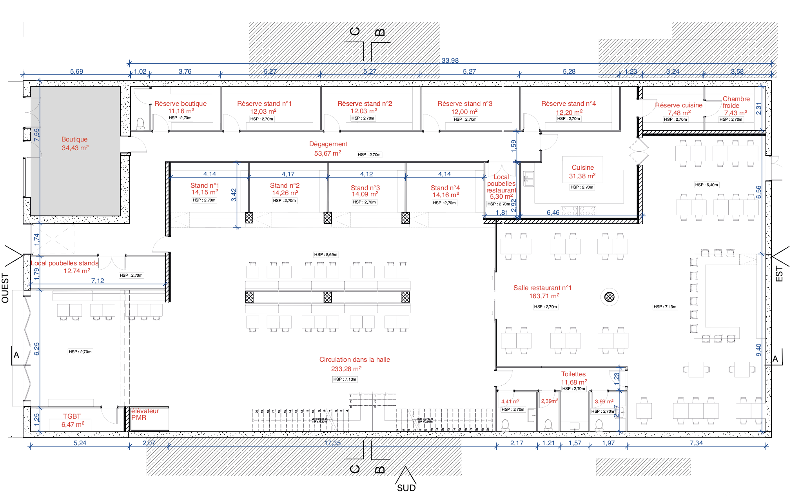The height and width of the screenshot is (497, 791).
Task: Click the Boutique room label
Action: coord(74,139)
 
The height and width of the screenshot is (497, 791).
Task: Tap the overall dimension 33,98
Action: coord(450,60)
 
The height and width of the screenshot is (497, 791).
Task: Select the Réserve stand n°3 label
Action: coord(464,103)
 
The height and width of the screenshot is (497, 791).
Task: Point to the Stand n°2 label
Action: coord(285,185)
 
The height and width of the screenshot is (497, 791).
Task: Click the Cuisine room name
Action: coord(582,167)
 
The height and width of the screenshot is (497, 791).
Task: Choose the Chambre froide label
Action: coord(736,102)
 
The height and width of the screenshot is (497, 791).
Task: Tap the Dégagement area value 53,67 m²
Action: coord(327,153)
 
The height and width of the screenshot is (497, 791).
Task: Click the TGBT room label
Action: coord(72,416)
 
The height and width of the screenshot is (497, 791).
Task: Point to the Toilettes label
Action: coord(573,374)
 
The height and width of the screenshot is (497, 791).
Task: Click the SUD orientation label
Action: coord(406,488)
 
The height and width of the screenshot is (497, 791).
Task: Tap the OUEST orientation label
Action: coord(5,288)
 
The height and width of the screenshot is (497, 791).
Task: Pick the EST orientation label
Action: coord(779,274)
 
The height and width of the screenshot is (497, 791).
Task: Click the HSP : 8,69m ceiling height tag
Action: coord(325,254)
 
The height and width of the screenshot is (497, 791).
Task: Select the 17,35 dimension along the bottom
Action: coord(332,443)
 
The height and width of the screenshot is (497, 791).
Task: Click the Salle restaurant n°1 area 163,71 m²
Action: coord(544,296)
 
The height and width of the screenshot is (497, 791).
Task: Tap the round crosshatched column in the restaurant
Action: coord(609,297)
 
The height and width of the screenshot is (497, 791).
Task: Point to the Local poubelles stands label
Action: coord(65,263)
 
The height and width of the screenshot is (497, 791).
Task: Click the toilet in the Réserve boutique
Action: coord(140,124)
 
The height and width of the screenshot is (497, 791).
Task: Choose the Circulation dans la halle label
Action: coord(354,359)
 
